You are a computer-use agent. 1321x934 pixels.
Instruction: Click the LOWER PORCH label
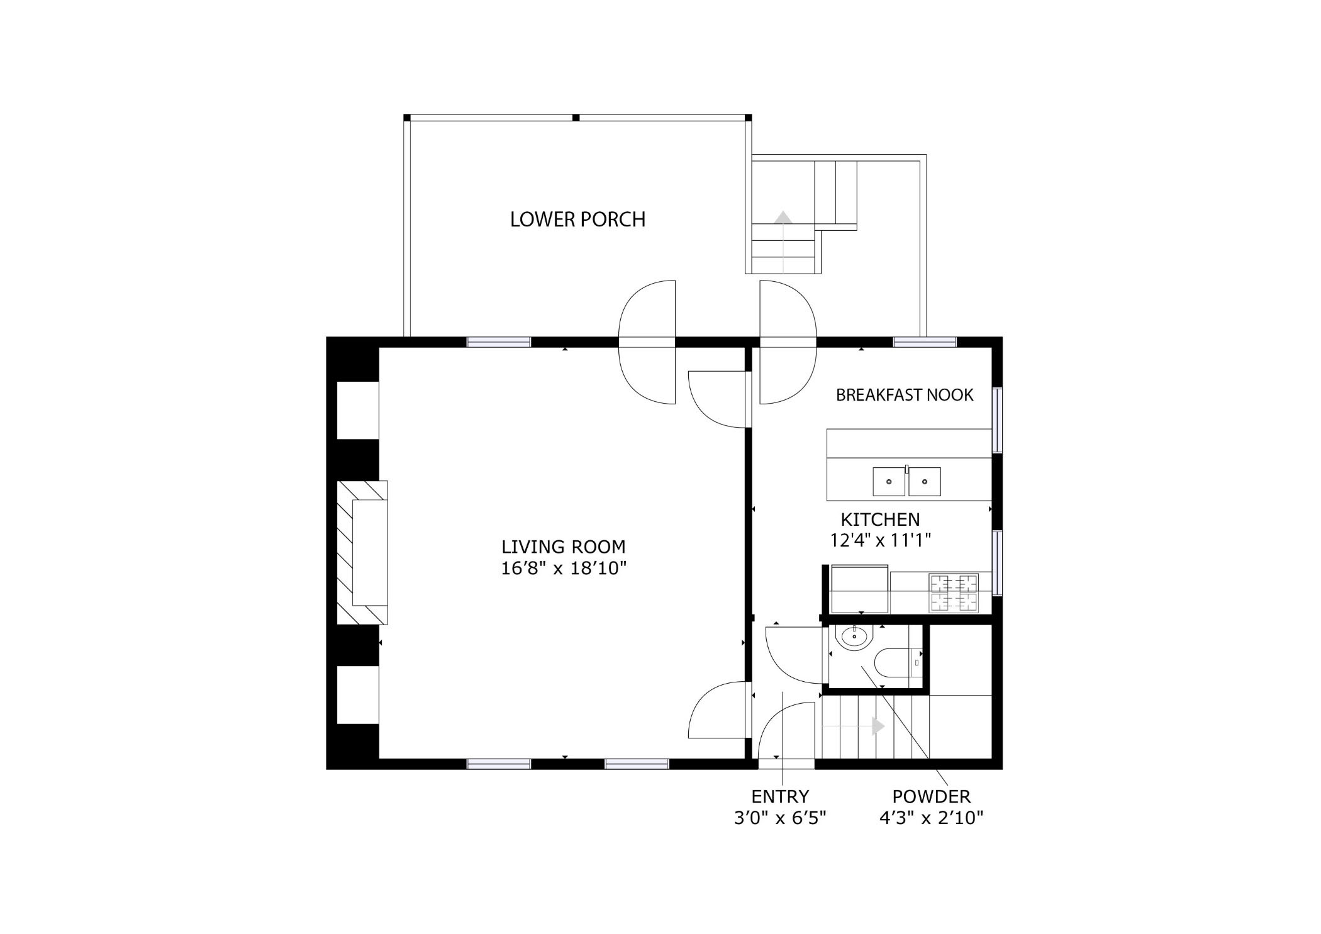[x=577, y=220]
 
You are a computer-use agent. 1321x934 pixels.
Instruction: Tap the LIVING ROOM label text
[x=564, y=547]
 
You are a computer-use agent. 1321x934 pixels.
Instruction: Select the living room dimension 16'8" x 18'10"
[x=564, y=569]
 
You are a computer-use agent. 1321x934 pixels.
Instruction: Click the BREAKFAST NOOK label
[x=905, y=395]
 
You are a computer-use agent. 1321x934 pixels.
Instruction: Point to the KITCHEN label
[x=880, y=520]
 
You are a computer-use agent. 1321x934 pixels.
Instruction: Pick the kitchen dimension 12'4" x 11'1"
[x=880, y=540]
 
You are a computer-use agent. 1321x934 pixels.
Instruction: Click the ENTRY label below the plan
[x=780, y=797]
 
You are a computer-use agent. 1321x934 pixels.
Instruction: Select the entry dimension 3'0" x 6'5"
[x=780, y=818]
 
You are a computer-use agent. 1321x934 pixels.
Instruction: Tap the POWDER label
[x=932, y=797]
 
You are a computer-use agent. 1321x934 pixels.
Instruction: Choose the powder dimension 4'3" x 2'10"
[x=932, y=818]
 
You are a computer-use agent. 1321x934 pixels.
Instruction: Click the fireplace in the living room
[x=362, y=553]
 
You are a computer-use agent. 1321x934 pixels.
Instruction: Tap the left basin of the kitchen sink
[x=889, y=482]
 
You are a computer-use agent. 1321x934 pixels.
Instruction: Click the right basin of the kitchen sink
[x=925, y=482]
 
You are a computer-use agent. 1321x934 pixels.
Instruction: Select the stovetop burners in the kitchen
[x=954, y=592]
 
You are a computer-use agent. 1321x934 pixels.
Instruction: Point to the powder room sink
[x=854, y=637]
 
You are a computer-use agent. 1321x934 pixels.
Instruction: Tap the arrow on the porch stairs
[x=783, y=242]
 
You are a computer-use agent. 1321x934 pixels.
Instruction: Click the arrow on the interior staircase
[x=854, y=726]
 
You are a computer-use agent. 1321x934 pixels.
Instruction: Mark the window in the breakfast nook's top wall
[x=925, y=343]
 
